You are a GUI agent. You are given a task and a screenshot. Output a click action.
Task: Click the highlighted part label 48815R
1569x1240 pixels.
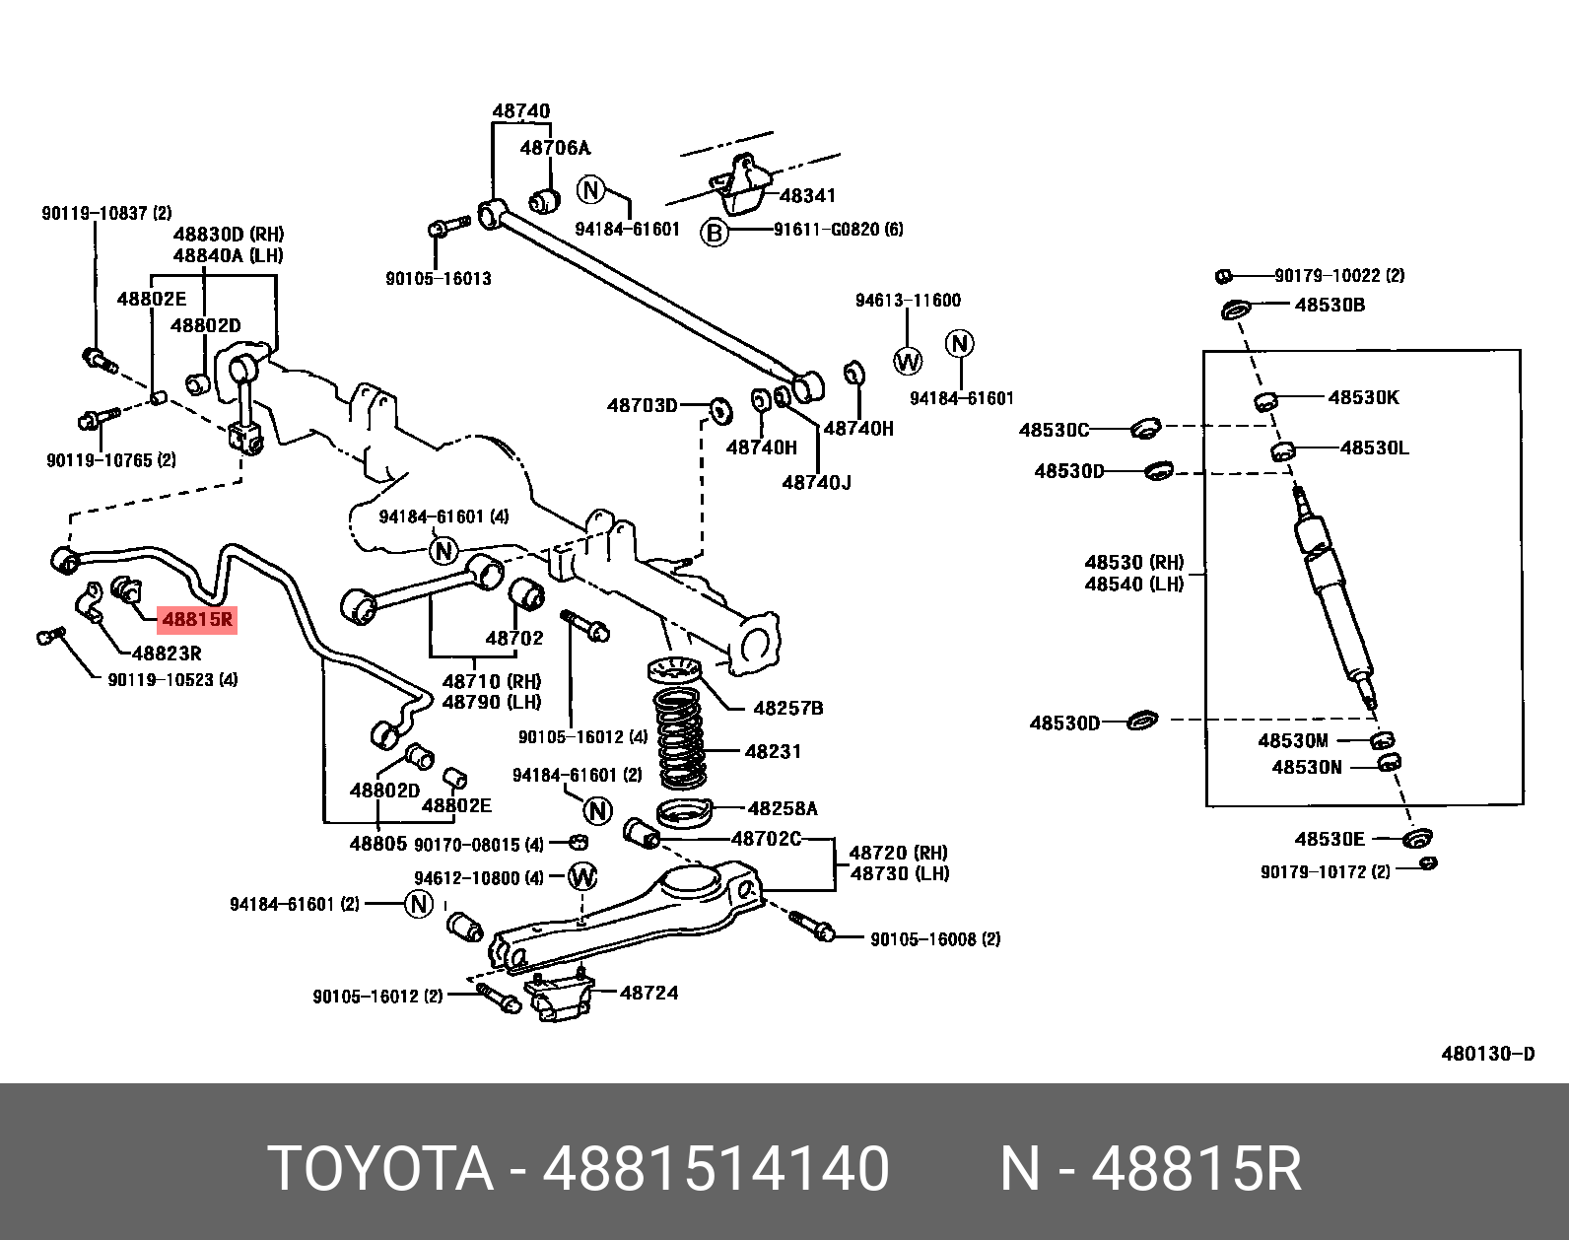(x=197, y=620)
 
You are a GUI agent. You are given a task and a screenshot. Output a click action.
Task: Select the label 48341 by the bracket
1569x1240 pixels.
(x=807, y=195)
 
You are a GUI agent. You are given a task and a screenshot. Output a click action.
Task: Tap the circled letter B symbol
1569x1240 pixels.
(x=714, y=233)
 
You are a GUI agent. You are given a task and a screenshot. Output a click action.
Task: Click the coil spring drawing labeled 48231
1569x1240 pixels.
(x=681, y=738)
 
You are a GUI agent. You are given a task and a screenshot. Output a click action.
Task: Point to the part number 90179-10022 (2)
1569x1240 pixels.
(x=1339, y=275)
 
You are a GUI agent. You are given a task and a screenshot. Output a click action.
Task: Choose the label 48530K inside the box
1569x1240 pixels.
(x=1363, y=397)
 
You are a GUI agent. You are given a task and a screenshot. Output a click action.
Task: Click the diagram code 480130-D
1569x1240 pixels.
(x=1487, y=1054)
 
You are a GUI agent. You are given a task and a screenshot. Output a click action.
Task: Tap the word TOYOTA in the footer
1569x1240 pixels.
(x=380, y=1169)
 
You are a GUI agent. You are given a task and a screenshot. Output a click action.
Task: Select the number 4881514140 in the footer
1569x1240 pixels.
(x=716, y=1169)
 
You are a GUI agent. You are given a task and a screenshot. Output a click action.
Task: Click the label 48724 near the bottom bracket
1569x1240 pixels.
(x=648, y=993)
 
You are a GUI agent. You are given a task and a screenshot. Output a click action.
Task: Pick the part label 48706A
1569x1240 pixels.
(x=555, y=148)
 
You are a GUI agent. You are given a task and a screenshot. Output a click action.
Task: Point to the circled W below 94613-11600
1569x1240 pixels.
(x=908, y=361)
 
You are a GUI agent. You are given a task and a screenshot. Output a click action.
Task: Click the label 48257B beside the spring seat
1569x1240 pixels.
(x=787, y=708)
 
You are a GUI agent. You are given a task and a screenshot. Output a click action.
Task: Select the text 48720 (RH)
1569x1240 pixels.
(x=898, y=853)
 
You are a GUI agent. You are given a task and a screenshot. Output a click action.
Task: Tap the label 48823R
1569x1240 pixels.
(x=167, y=653)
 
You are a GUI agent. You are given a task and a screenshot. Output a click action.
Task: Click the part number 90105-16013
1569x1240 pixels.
(x=438, y=279)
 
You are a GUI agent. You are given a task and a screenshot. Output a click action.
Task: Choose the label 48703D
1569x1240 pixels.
(x=643, y=405)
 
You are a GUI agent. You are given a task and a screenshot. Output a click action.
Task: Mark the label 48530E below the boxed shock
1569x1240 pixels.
(x=1330, y=839)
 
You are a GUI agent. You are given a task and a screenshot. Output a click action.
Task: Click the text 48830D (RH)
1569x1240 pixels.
(x=228, y=235)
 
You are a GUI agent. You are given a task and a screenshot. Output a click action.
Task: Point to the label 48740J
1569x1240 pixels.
(x=816, y=482)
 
